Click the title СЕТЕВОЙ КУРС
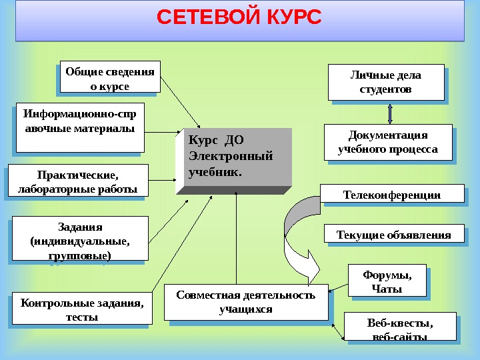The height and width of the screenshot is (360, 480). tap(239, 17)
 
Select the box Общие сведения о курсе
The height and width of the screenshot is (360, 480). tap(109, 78)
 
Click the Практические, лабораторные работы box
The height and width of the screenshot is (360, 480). tap(77, 181)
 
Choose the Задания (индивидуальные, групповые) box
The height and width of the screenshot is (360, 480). tap(80, 238)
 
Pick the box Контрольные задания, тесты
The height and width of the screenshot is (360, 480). tap(82, 310)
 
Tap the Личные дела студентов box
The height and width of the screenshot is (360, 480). tap(386, 81)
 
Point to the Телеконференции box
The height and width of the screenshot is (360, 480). tap(392, 194)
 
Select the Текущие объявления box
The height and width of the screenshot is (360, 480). tap(393, 235)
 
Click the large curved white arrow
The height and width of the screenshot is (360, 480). tap(297, 240)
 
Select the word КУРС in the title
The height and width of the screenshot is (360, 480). tap(287, 17)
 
